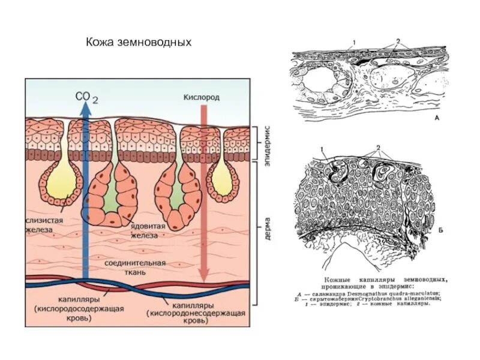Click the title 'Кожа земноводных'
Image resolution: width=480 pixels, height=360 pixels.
pos(139,43)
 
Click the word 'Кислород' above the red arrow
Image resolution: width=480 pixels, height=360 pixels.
pos(201,97)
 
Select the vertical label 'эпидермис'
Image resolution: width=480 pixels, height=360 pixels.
pos(268,141)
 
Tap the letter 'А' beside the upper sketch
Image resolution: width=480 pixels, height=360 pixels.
pos(437,119)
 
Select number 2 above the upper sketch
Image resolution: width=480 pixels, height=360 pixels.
pos(397,41)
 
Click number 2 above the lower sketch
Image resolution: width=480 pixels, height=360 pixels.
pos(379,146)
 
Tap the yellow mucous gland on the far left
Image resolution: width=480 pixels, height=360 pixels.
pos(58,180)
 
